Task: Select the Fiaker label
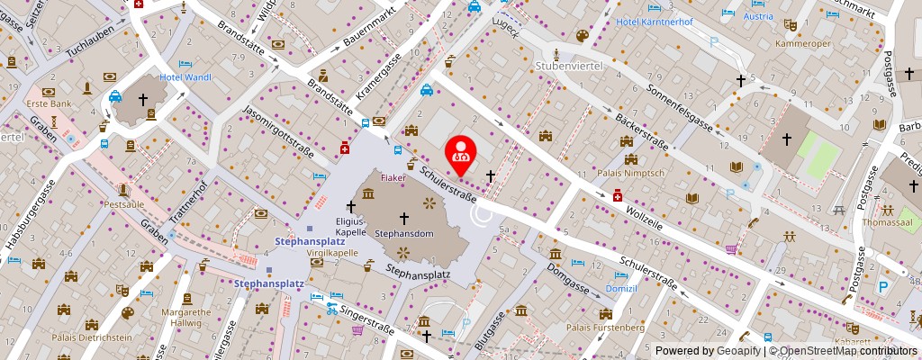[x=393, y=177]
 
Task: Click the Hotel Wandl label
[x=185, y=77]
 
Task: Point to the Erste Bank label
[x=48, y=104]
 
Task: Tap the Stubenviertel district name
[x=568, y=67]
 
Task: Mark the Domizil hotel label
[x=621, y=289]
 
